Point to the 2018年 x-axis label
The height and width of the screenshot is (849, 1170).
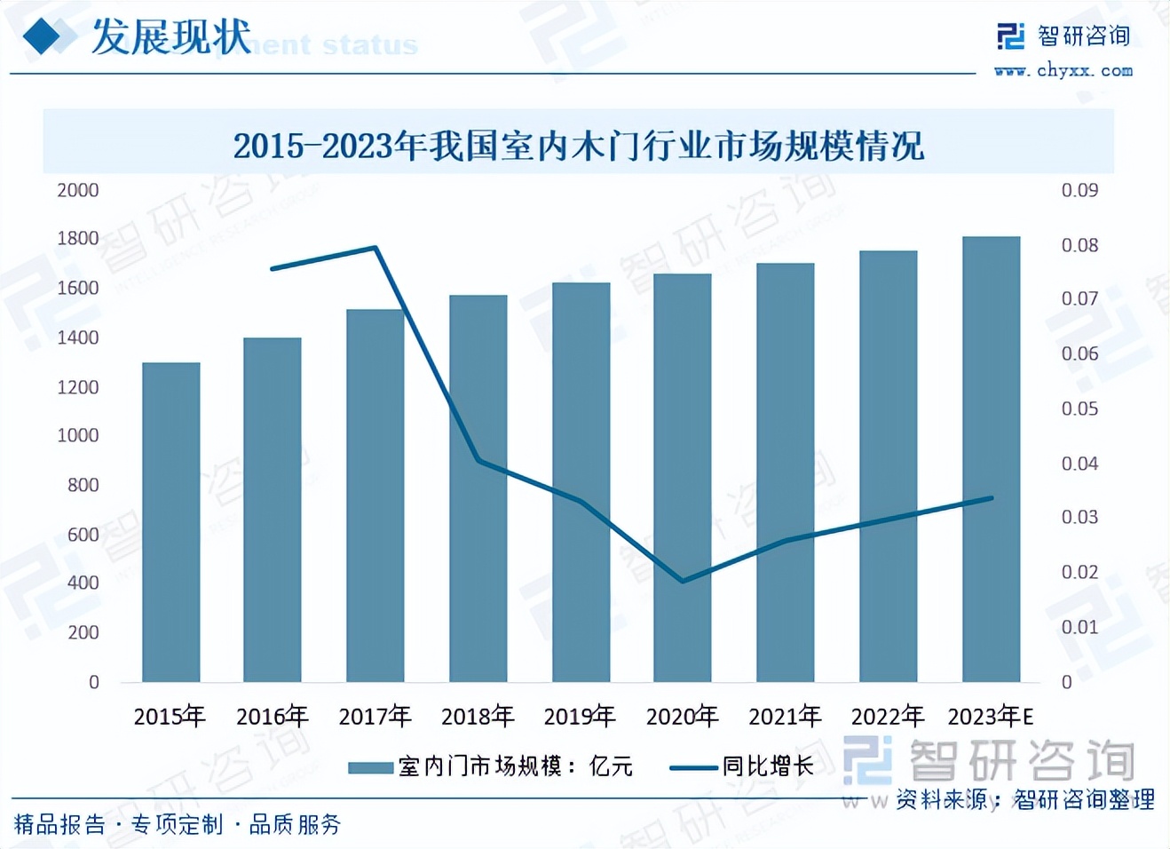(x=478, y=716)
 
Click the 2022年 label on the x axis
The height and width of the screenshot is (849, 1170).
(x=887, y=716)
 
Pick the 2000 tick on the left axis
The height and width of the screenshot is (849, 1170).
(x=78, y=190)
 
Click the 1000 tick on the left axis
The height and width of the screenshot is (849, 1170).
(x=78, y=435)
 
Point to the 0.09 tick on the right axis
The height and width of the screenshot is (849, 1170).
(x=1079, y=190)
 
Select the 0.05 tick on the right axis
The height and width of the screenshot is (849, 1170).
(x=1079, y=409)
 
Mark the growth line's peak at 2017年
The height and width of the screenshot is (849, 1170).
(x=376, y=248)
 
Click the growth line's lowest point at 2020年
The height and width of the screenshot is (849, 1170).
(x=683, y=581)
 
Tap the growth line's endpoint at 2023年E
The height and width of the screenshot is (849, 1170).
(x=991, y=498)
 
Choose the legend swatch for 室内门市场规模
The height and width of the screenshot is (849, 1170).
(x=370, y=767)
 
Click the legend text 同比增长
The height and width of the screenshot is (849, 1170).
(x=768, y=766)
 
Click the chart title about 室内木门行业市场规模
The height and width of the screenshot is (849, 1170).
(x=579, y=146)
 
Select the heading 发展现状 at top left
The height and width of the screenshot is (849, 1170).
(x=171, y=37)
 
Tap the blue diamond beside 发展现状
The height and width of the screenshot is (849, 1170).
(x=42, y=36)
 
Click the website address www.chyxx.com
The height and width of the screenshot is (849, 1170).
(x=1063, y=70)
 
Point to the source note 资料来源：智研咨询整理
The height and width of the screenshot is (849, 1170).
(x=1025, y=799)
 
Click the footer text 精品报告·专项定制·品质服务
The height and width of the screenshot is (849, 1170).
(x=178, y=824)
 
